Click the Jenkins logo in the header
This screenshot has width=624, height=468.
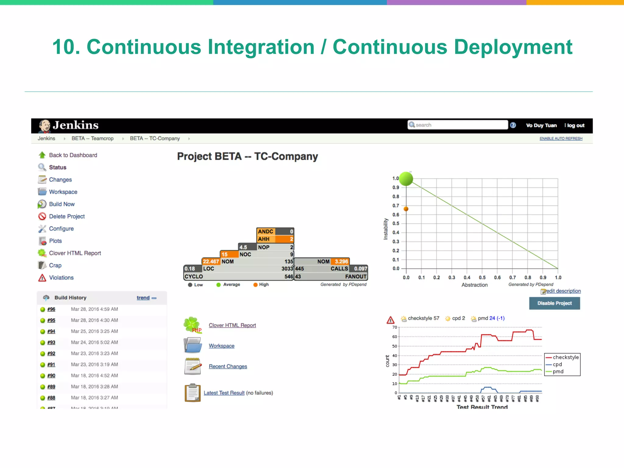pyautogui.click(x=69, y=126)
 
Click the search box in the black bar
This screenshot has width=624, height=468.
pyautogui.click(x=458, y=125)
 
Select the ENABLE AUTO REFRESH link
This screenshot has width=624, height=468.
pyautogui.click(x=561, y=139)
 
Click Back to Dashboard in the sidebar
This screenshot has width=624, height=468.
pyautogui.click(x=73, y=155)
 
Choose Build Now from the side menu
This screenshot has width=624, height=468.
pyautogui.click(x=62, y=204)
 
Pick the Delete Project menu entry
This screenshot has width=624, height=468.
pyautogui.click(x=67, y=216)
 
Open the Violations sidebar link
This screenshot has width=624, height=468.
pyautogui.click(x=61, y=278)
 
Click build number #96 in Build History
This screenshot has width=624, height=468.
pyautogui.click(x=51, y=309)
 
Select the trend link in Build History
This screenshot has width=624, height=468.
pyautogui.click(x=143, y=298)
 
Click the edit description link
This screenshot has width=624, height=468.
pyautogui.click(x=563, y=291)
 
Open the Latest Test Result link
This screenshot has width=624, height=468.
pyautogui.click(x=224, y=393)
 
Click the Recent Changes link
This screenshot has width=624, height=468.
pyautogui.click(x=228, y=367)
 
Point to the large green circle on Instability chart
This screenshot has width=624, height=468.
pyautogui.click(x=406, y=179)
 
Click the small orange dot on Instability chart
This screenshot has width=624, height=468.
pyautogui.click(x=406, y=209)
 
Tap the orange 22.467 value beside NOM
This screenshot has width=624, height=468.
pyautogui.click(x=211, y=261)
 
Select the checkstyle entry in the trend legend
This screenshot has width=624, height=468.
pyautogui.click(x=565, y=357)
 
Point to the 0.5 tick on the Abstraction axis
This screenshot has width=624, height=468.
pyautogui.click(x=482, y=278)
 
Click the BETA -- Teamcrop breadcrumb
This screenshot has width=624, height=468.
pyautogui.click(x=92, y=139)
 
